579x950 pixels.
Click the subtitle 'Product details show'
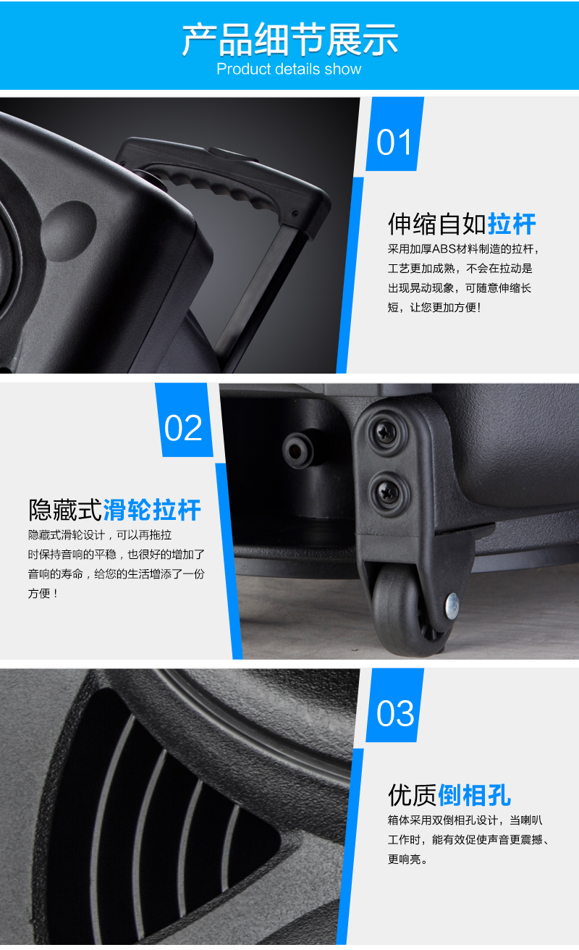(x=289, y=69)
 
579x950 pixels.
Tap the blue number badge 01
(x=394, y=134)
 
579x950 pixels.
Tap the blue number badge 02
(x=184, y=420)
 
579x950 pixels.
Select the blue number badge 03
(x=394, y=705)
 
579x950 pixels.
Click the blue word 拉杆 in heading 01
(x=512, y=224)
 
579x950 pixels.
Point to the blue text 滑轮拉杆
(x=152, y=509)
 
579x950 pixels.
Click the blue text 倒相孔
(x=474, y=795)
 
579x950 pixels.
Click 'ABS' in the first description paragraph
(x=444, y=249)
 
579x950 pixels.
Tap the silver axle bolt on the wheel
(x=452, y=605)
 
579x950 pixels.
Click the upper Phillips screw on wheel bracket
(x=386, y=433)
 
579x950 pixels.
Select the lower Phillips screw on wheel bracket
(x=388, y=492)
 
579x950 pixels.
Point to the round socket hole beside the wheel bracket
(x=299, y=450)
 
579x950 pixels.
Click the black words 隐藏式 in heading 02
(x=65, y=509)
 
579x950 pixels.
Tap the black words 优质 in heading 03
(x=413, y=795)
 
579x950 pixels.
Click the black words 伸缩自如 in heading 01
(x=437, y=224)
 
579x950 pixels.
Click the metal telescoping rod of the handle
(x=258, y=293)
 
